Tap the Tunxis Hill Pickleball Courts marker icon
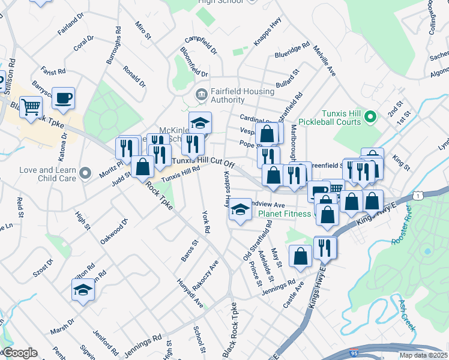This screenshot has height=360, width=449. [x=371, y=115]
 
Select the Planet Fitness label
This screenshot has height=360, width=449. [x=285, y=214]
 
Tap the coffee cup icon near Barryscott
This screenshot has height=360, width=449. [x=64, y=97]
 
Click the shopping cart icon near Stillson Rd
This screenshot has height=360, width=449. [x=31, y=107]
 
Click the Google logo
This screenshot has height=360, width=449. [x=20, y=353]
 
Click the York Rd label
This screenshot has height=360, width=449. [x=206, y=221]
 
